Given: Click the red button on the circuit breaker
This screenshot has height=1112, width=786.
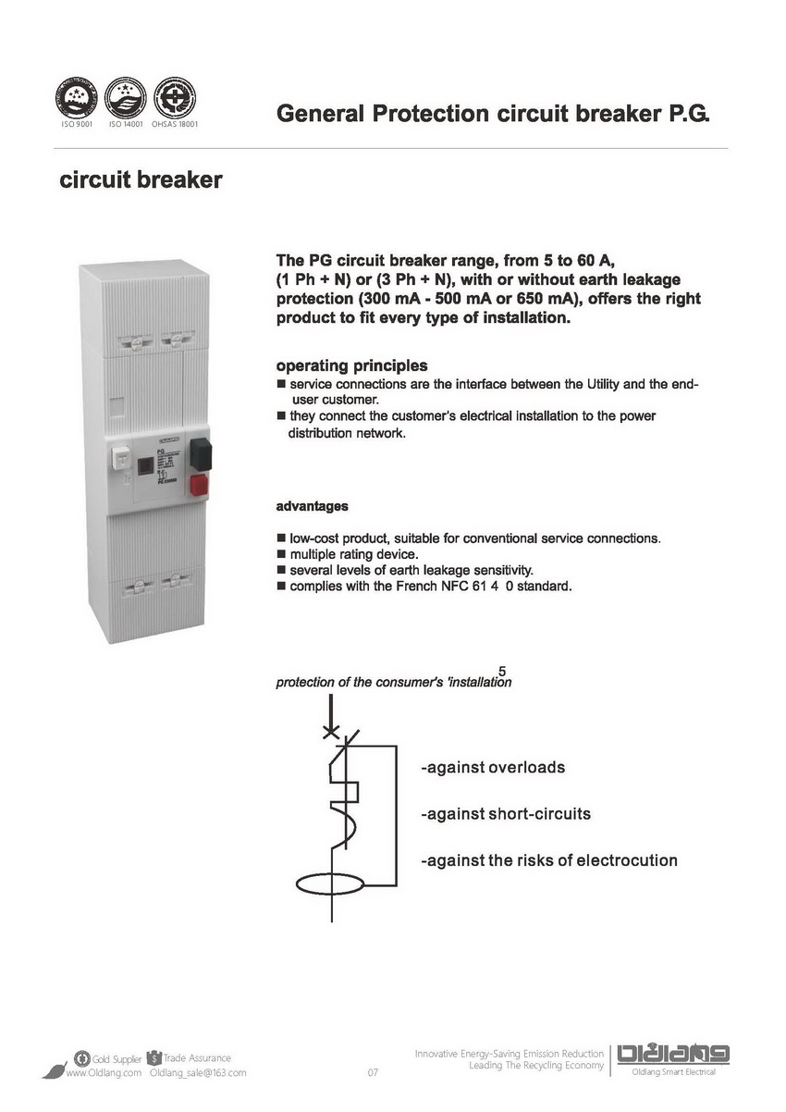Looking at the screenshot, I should [200, 486].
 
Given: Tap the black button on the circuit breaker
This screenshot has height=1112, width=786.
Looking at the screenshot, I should [201, 453].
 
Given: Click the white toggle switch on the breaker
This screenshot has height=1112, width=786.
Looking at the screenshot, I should [120, 460].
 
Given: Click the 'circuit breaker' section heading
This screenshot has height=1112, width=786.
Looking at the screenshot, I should [141, 179].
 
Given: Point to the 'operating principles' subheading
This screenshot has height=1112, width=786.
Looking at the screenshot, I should [351, 365].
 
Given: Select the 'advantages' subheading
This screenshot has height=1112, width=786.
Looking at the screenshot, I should [313, 506].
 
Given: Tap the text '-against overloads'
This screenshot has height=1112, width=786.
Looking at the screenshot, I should [492, 768].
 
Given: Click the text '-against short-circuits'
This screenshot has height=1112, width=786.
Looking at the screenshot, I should [505, 814].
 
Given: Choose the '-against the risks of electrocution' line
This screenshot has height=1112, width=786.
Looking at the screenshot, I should [548, 860].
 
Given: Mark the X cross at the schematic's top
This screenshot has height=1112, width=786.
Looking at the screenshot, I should [331, 732].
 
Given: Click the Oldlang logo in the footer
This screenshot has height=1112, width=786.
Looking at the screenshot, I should [673, 1054].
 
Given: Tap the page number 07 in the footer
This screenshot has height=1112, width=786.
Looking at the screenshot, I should [374, 1073].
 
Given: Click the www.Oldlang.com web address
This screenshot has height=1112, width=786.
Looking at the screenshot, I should [103, 1073].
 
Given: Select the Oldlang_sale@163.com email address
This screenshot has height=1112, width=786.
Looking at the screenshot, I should [198, 1073].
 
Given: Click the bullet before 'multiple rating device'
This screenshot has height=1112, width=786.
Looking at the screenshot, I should [281, 553].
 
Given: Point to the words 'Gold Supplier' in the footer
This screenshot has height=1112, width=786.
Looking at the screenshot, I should [117, 1058].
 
